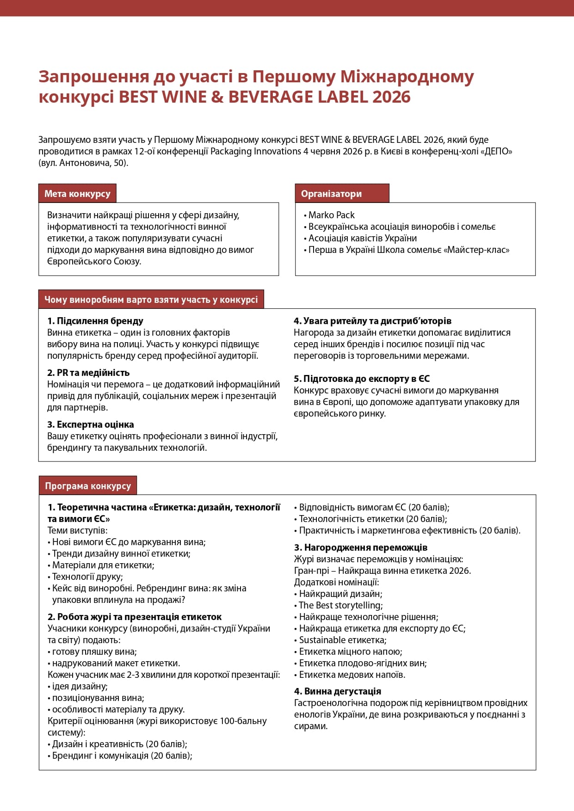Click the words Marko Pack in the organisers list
point(331,215)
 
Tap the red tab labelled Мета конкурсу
point(77,194)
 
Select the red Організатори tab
point(331,194)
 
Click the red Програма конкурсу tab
point(88,486)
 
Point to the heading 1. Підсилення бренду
point(95,321)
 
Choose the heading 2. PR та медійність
point(88,373)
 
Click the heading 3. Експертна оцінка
point(91,424)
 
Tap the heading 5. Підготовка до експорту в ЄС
point(362,379)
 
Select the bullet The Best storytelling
point(340,605)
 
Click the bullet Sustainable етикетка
point(342,640)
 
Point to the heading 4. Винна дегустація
point(338,691)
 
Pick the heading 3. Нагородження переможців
point(361,547)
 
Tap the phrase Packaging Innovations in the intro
point(256,152)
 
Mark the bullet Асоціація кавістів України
point(363,238)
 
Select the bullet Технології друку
point(87,577)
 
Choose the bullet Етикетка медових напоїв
point(352,675)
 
